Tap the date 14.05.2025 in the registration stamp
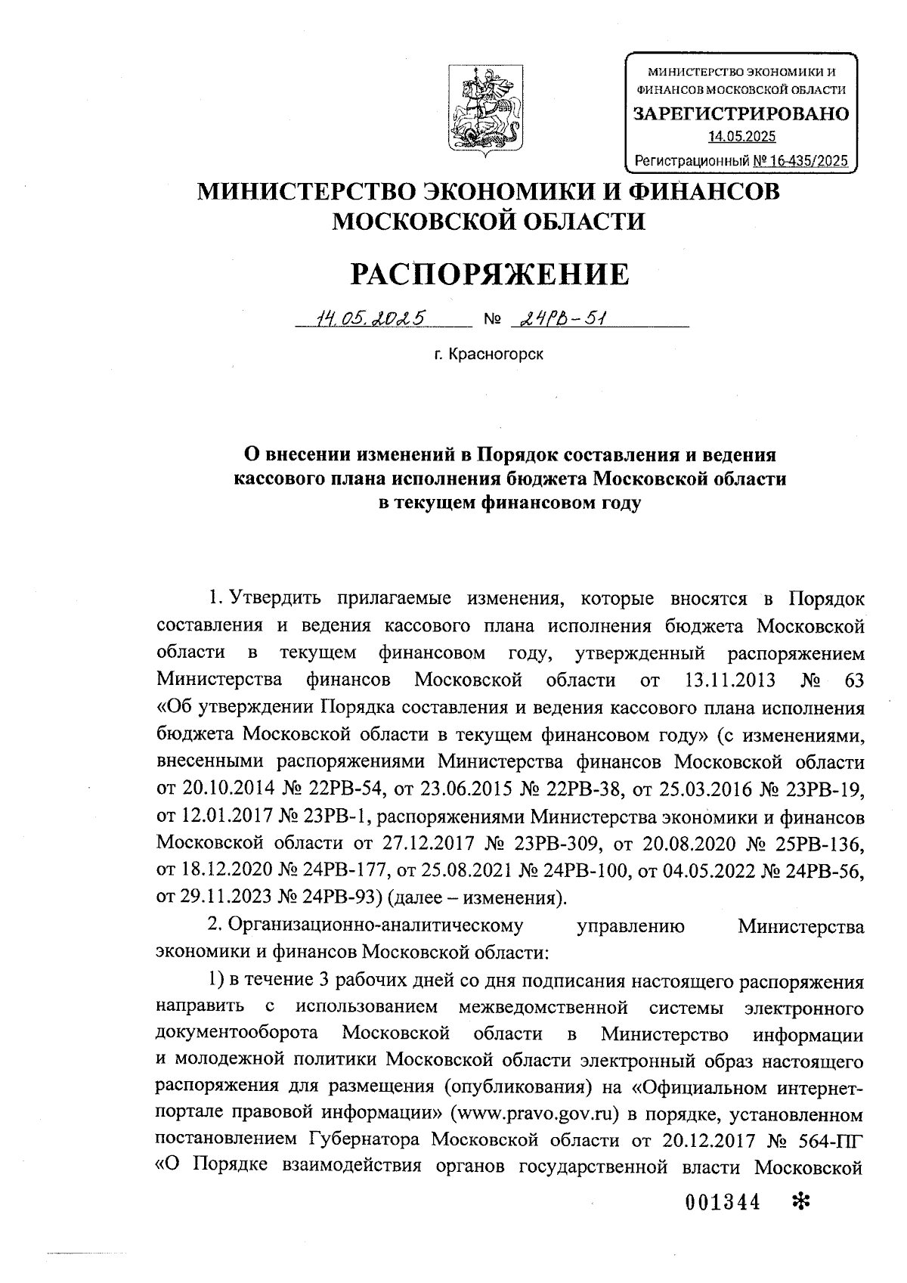pos(741,137)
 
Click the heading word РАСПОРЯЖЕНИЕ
pos(489,273)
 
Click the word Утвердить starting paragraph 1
pos(274,597)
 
